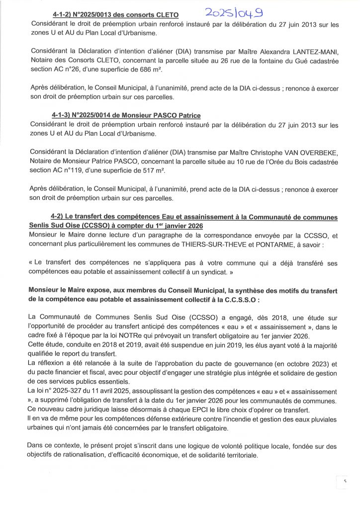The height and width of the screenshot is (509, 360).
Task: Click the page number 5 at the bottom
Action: point(344,481)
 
